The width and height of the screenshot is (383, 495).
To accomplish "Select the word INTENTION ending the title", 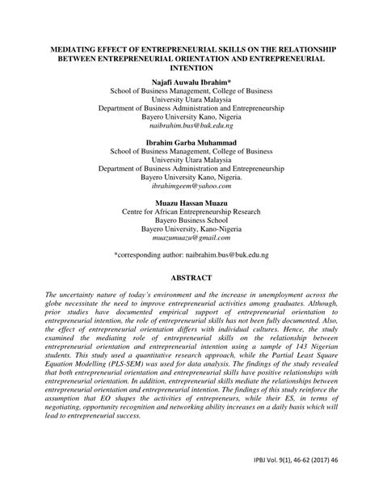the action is click(x=191, y=69).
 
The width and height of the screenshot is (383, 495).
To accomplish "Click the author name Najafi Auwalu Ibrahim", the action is click(x=191, y=84).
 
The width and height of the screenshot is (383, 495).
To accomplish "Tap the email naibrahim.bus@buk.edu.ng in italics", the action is click(x=191, y=126).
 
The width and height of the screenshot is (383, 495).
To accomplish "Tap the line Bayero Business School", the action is click(x=191, y=218).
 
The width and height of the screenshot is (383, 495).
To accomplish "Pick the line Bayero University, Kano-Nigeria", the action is click(x=191, y=229).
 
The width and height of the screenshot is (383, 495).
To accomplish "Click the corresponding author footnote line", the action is click(x=191, y=254).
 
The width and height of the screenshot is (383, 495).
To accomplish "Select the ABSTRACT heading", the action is click(x=191, y=278).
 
